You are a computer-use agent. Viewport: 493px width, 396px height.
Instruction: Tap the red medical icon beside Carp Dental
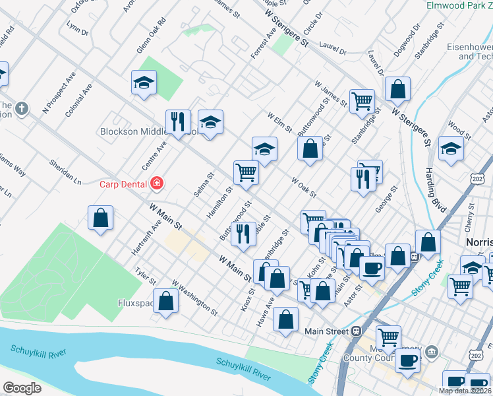point(157,183)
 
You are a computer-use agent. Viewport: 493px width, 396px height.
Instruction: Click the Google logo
point(22,388)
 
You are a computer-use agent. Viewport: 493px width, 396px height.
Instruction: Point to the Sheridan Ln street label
point(65,171)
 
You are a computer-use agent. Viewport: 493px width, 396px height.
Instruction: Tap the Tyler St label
point(141,276)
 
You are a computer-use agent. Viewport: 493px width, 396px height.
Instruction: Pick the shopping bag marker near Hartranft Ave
point(101,218)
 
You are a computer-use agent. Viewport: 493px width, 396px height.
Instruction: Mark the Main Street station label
point(326,331)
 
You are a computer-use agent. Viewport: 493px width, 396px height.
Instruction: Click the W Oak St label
point(304,187)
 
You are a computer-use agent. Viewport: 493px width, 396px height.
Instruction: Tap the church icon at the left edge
point(22,108)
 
